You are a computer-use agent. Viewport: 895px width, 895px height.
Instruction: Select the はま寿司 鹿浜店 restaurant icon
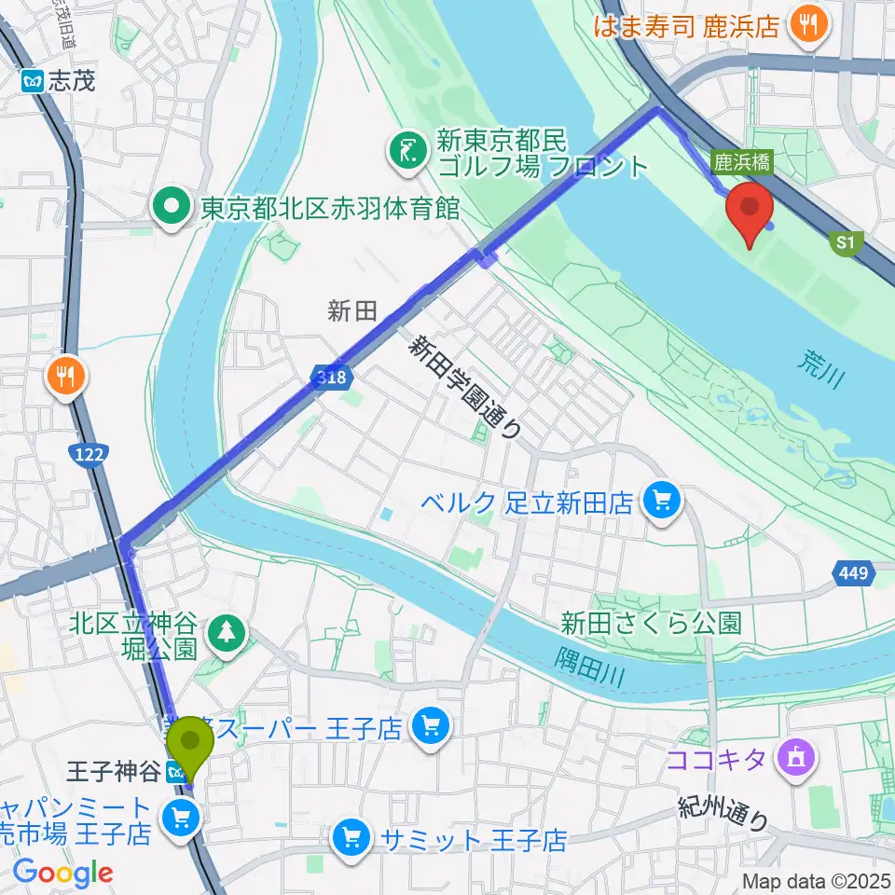point(803,24)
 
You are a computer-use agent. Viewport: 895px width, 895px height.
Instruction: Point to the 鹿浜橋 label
point(743,162)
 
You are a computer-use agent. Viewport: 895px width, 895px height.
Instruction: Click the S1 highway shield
point(844,243)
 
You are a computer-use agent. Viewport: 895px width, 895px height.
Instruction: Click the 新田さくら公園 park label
point(651,622)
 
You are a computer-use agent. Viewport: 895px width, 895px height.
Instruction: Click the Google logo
point(62,874)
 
